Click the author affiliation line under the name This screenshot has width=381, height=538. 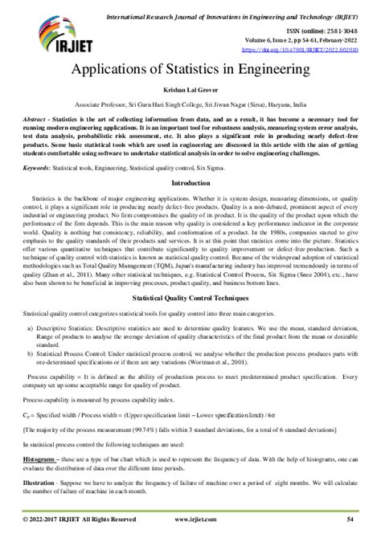(x=190, y=105)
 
